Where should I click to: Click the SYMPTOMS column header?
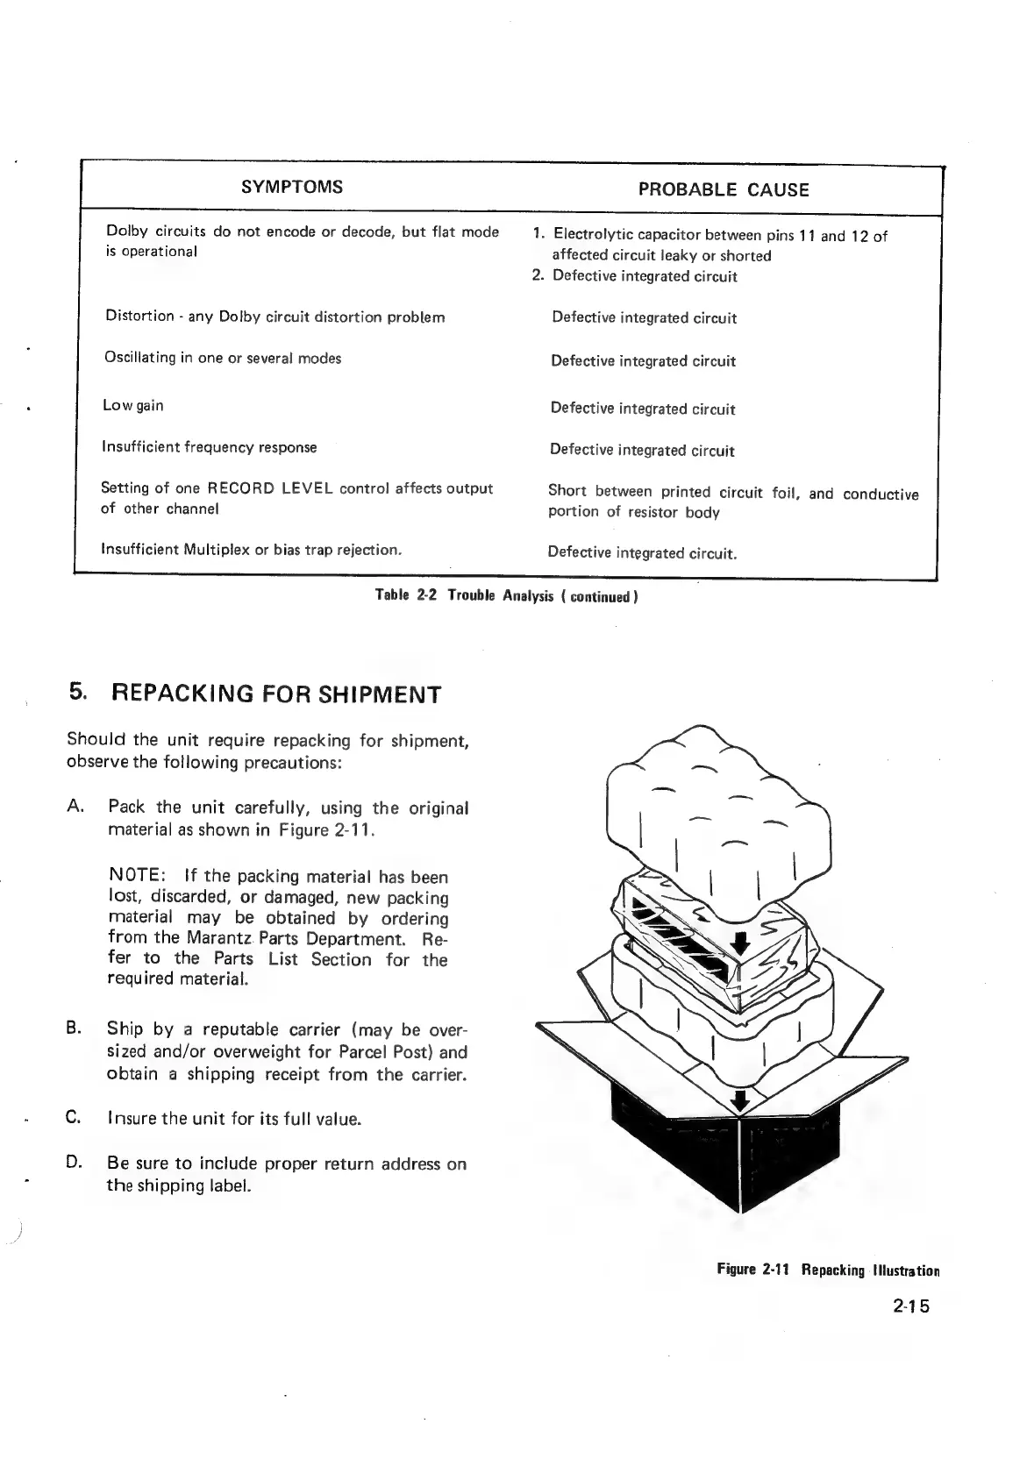click(x=292, y=187)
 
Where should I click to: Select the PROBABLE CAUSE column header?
click(x=724, y=189)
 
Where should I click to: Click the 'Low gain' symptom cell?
click(x=133, y=405)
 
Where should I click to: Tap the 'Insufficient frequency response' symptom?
click(x=210, y=447)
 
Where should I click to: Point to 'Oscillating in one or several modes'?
click(x=223, y=358)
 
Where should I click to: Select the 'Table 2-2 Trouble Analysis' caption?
click(x=506, y=595)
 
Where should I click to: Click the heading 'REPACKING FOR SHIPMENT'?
click(x=277, y=694)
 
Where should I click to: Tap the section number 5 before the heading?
click(x=78, y=693)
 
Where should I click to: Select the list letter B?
click(x=74, y=1028)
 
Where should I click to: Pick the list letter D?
click(x=74, y=1163)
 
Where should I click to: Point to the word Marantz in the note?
click(x=208, y=939)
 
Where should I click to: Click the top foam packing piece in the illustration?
click(x=719, y=807)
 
